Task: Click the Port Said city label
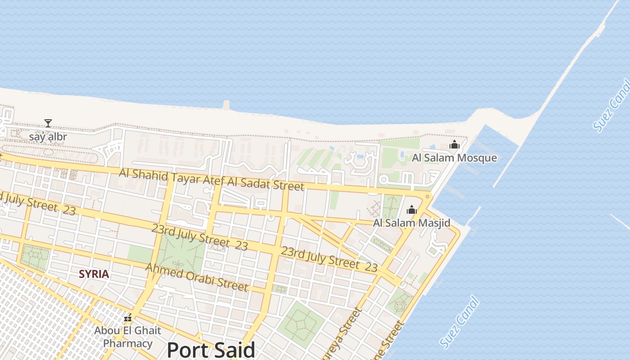click(211, 350)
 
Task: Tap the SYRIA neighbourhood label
click(94, 274)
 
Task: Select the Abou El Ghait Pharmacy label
click(127, 337)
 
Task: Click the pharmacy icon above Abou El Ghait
click(128, 319)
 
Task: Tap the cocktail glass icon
click(48, 123)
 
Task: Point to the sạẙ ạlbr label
click(48, 137)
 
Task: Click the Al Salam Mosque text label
click(454, 158)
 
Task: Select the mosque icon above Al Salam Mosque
click(454, 144)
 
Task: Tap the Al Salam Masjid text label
click(411, 223)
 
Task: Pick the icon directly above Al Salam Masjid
click(411, 210)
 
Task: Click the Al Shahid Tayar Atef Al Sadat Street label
click(211, 179)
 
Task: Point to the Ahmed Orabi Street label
click(197, 277)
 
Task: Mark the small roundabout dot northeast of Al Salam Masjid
click(427, 197)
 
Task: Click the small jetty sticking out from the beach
click(226, 105)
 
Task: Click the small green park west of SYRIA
click(35, 258)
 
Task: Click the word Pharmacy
click(128, 343)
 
